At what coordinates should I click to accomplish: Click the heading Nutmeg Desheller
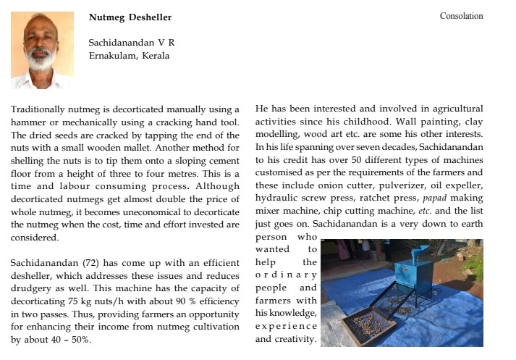[130, 17]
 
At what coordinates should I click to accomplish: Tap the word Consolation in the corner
[461, 16]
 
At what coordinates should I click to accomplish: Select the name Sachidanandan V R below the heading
[131, 42]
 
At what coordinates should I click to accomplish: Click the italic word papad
[434, 198]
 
